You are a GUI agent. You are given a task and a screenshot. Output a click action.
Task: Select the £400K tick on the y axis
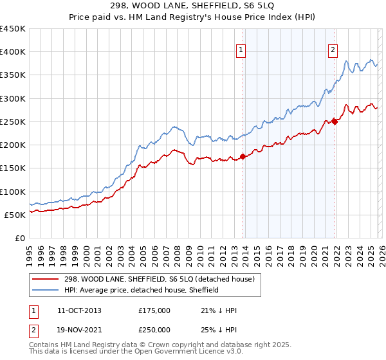13,52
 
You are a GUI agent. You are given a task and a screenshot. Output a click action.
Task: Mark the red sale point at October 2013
243,156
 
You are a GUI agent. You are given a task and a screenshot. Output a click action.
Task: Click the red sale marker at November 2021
335,121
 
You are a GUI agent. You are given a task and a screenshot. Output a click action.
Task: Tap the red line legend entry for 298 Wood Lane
145,279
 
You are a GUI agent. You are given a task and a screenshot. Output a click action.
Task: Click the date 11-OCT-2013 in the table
78,310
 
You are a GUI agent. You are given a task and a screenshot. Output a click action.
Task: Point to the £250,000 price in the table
154,330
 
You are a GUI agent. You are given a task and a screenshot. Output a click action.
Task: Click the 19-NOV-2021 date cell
79,330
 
